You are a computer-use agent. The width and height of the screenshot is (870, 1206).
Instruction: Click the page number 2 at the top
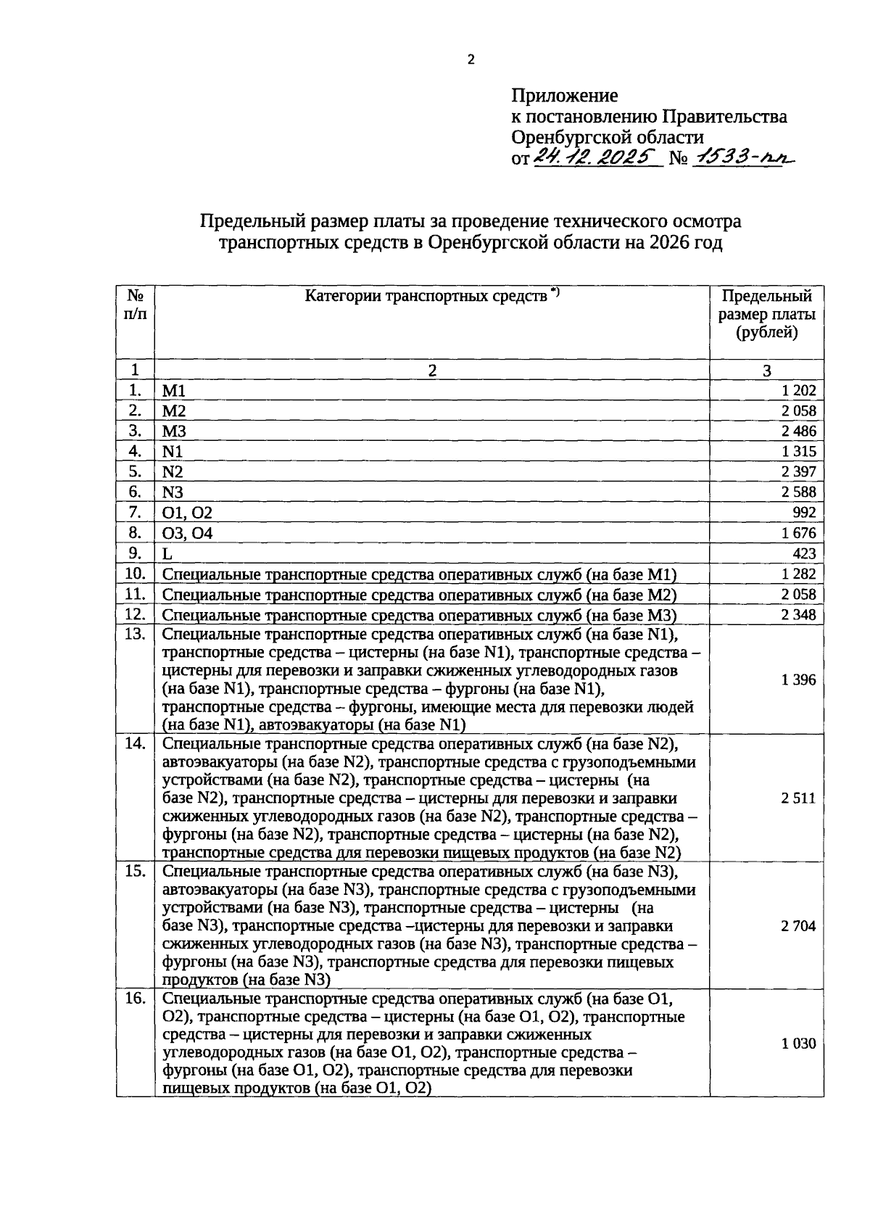471,60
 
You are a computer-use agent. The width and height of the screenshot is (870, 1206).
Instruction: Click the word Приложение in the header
565,96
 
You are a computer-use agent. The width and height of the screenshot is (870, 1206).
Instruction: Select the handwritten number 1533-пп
742,157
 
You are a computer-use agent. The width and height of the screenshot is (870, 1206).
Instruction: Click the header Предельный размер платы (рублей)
766,315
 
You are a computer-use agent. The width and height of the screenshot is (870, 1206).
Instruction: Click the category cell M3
174,431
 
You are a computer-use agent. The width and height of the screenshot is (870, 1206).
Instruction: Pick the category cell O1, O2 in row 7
187,513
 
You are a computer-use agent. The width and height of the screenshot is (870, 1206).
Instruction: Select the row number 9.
134,553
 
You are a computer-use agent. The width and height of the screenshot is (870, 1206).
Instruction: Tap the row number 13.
134,635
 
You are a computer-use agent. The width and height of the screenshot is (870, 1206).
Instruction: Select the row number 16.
134,999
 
